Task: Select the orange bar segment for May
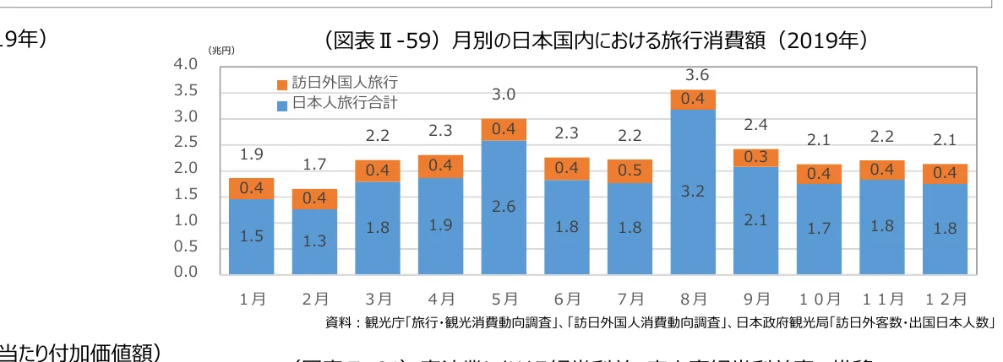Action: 504,130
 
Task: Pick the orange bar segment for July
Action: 630,170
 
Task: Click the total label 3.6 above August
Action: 693,76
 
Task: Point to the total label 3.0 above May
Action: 504,95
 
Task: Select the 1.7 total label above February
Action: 314,165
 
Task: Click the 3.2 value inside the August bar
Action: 693,192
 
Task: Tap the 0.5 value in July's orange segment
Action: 630,170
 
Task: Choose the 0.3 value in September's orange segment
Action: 756,158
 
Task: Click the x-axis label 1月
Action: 252,299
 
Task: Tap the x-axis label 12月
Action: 946,299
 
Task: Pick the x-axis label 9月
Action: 756,299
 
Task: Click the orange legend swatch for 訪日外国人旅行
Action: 281,84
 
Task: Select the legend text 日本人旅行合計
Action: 343,104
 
